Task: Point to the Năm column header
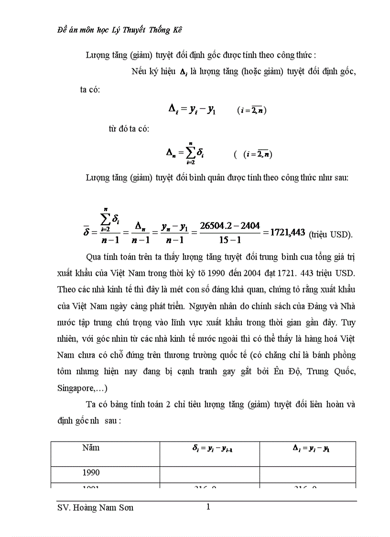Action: (x=91, y=448)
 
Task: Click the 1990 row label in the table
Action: (x=91, y=472)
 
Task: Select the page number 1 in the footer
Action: (x=208, y=507)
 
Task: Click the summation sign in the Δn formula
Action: (x=190, y=153)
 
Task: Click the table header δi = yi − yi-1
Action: (x=209, y=449)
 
